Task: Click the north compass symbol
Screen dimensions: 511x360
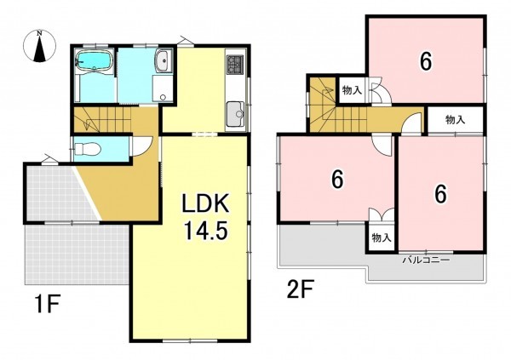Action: tap(39, 46)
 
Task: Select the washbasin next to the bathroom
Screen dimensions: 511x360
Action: tap(163, 61)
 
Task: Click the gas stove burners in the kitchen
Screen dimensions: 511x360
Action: tap(235, 64)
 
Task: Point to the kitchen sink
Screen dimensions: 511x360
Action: tap(235, 114)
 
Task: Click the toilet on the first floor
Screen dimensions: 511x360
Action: tap(88, 149)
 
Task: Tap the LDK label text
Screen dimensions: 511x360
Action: tap(205, 203)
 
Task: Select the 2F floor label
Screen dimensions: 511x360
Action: tap(300, 289)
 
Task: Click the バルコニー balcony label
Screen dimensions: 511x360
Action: tap(426, 260)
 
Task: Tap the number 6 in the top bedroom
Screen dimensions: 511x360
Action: tap(426, 61)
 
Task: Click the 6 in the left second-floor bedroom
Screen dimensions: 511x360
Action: tap(337, 180)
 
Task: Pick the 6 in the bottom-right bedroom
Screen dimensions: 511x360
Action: tap(440, 194)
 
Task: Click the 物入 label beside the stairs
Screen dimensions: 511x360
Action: tap(352, 90)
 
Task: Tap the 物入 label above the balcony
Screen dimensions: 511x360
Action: tap(382, 237)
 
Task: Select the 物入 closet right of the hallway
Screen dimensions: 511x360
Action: tap(456, 120)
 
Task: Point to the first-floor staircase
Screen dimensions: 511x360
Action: tap(102, 119)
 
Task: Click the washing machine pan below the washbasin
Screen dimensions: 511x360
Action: tap(163, 87)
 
